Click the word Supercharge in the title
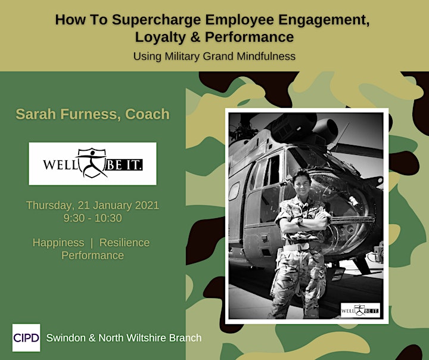point(157,20)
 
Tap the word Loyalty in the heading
point(160,37)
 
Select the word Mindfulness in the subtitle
point(266,56)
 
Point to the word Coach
point(148,114)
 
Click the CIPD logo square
point(26,337)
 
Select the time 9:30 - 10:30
point(93,218)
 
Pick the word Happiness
point(58,243)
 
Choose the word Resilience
point(125,243)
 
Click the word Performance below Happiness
point(92,256)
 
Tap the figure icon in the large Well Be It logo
point(92,163)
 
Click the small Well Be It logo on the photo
point(360,310)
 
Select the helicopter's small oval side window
point(234,191)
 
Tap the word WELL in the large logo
point(60,165)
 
